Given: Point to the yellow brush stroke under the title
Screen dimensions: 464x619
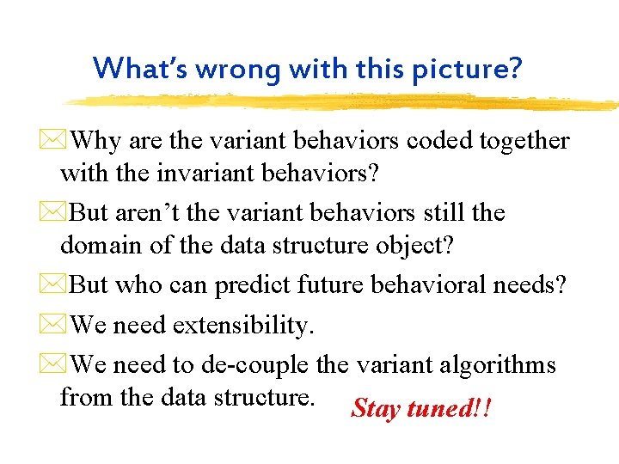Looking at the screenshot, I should (x=344, y=102).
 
